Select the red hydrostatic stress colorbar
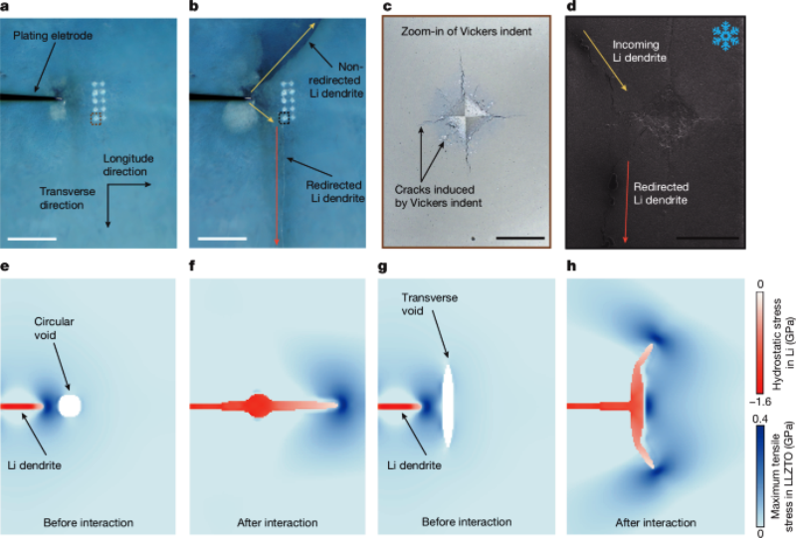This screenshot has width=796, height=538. pyautogui.click(x=758, y=328)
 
